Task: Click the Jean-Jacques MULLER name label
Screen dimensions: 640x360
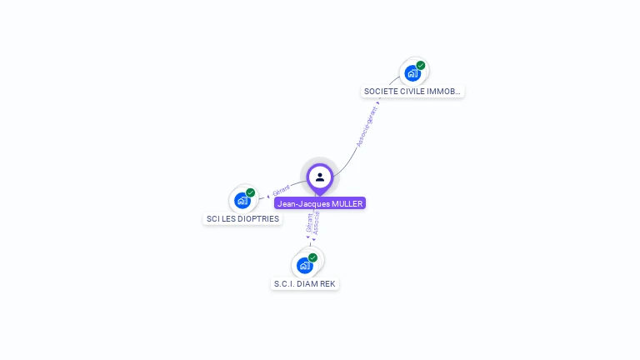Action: pos(320,203)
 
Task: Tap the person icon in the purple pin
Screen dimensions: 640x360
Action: pos(320,177)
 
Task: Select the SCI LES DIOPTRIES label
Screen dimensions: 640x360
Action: pos(242,219)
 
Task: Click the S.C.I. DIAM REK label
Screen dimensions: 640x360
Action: pos(305,284)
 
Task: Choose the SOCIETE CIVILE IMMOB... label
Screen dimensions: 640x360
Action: pos(412,92)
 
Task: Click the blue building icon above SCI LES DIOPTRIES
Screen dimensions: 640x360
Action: pos(242,200)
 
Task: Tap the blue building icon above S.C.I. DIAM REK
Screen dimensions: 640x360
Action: pos(304,265)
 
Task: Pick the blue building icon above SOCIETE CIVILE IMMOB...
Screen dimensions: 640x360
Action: pos(412,73)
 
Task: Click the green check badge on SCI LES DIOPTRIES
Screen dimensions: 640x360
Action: pos(251,192)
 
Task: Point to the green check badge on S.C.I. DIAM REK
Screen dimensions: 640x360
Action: pos(312,257)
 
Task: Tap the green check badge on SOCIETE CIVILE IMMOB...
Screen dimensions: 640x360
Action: pos(421,65)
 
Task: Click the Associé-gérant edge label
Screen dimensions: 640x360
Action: pos(367,127)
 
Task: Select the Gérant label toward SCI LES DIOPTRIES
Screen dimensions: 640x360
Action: pos(281,191)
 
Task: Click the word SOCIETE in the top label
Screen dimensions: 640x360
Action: pos(379,92)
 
